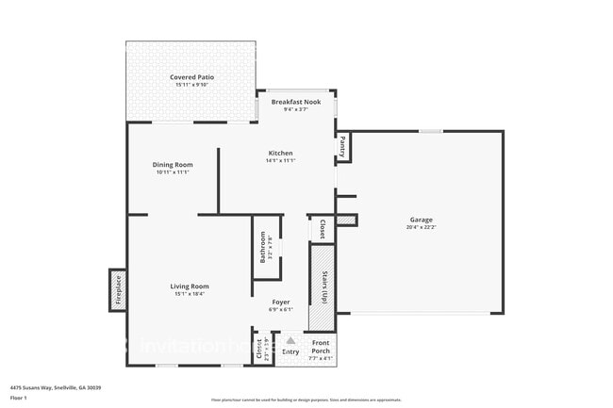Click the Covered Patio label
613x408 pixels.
tap(191, 77)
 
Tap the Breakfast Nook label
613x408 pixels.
tap(297, 101)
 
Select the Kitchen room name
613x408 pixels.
tap(280, 153)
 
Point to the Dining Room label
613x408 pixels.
tap(173, 165)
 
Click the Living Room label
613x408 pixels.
tap(190, 286)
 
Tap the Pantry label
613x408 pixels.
tap(343, 147)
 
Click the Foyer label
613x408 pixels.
tap(281, 302)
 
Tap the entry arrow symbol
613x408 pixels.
tap(291, 341)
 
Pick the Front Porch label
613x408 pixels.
tap(321, 347)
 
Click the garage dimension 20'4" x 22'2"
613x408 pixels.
tap(421, 227)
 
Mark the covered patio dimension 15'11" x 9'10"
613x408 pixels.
tap(191, 86)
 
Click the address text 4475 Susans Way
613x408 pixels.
tap(56, 387)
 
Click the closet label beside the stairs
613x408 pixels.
tap(322, 229)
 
